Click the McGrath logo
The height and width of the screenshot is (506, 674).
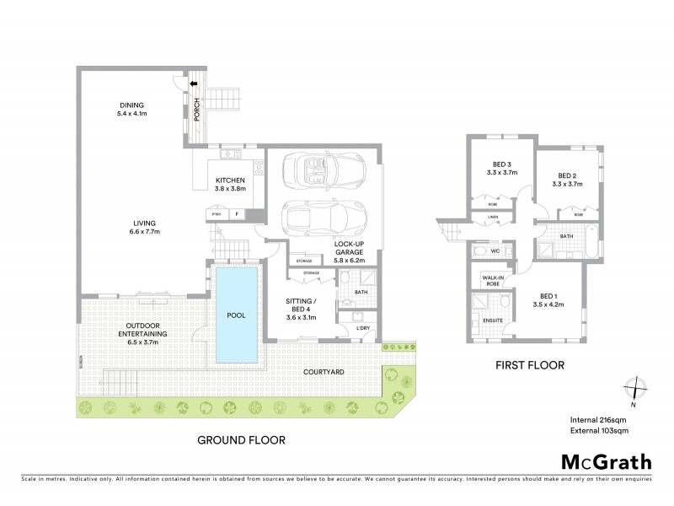(x=605, y=463)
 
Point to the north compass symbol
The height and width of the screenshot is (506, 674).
(x=636, y=389)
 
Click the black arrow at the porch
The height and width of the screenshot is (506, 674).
(x=193, y=84)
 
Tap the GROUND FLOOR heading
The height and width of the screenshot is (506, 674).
(x=241, y=439)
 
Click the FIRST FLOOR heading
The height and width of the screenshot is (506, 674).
(x=528, y=365)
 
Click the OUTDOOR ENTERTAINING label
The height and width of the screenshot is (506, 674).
(x=137, y=330)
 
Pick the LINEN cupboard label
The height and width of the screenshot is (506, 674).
(x=492, y=218)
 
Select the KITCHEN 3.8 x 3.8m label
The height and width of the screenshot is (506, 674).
(x=229, y=185)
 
